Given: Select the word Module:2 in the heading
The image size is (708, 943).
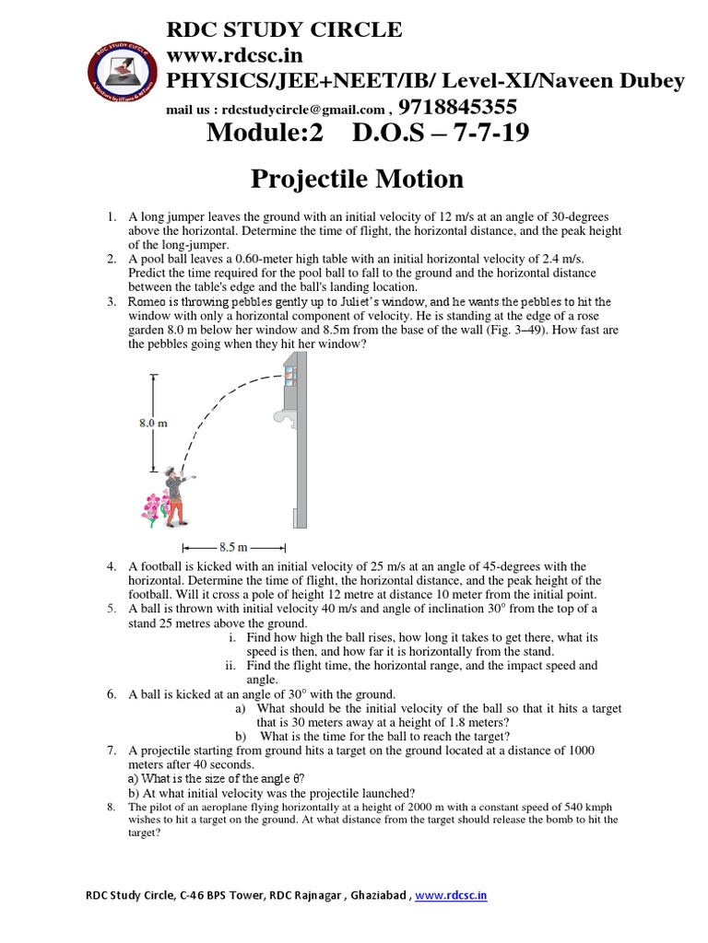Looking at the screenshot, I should [266, 134].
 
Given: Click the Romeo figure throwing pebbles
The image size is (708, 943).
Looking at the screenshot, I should [176, 497].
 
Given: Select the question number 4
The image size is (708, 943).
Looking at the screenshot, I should [111, 566].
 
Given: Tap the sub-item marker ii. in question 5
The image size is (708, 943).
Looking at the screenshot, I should [231, 665].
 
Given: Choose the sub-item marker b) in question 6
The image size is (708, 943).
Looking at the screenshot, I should [241, 736].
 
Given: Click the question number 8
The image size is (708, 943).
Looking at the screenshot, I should [110, 808].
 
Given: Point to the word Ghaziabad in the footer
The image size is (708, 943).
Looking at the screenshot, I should [377, 894].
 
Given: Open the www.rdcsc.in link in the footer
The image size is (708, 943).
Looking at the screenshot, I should [451, 894].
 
